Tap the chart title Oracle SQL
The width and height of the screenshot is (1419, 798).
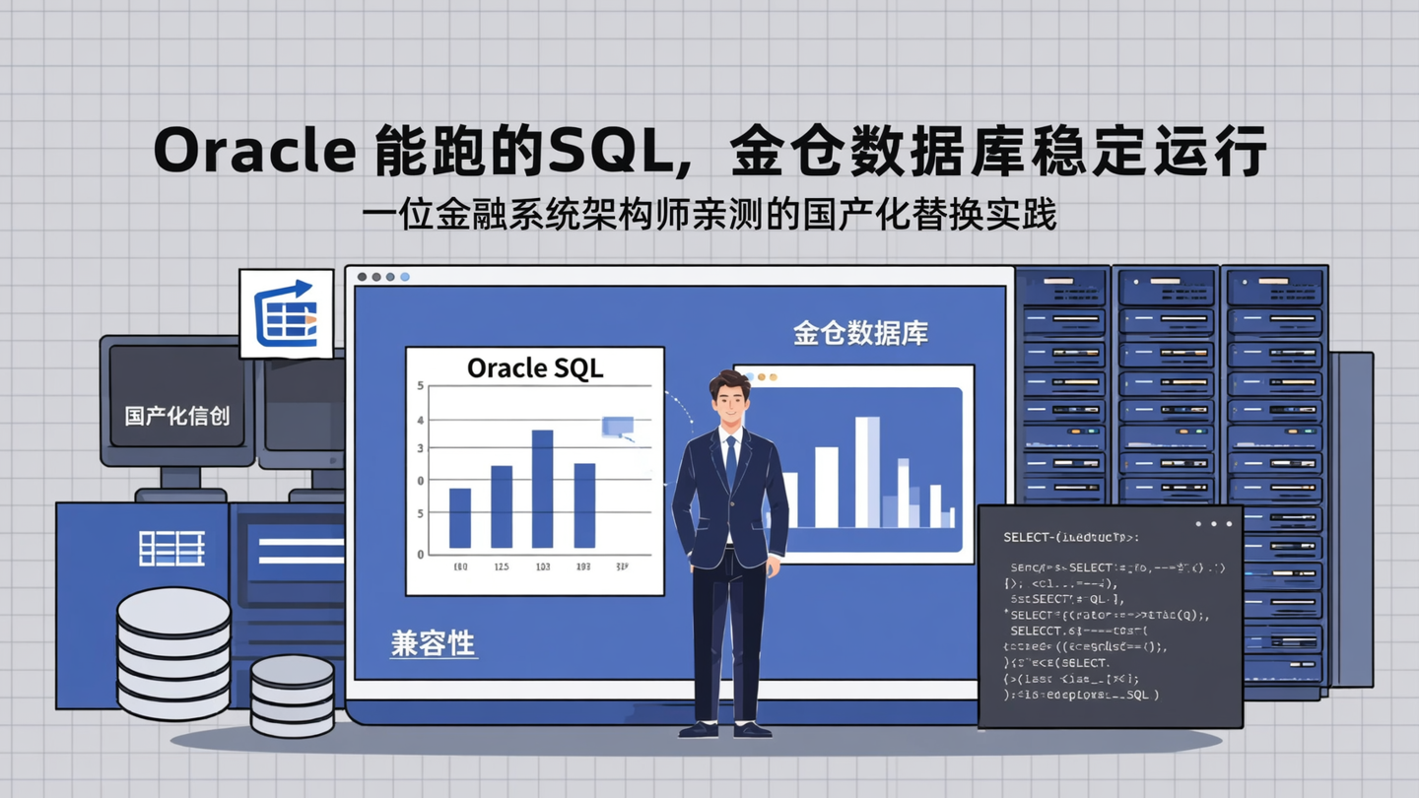pos(534,367)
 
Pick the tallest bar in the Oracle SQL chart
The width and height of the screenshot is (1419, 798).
pos(542,489)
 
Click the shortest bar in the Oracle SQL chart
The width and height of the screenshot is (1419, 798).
pos(460,518)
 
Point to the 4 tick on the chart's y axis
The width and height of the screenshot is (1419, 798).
pos(421,420)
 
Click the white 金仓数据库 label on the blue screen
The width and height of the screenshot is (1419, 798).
pos(860,333)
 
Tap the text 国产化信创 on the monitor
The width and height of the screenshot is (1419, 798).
pos(177,415)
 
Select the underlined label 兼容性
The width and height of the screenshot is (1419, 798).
pos(433,644)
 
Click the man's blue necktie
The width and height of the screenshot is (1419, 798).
pos(730,460)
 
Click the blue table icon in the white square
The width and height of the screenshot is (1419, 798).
pos(286,314)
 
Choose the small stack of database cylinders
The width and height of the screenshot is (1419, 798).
pos(292,696)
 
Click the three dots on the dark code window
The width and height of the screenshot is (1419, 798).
pos(1213,524)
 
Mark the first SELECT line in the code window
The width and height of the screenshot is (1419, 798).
pos(1070,538)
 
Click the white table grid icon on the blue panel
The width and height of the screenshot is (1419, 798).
pos(171,548)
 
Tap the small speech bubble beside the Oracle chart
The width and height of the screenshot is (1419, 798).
pos(618,426)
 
